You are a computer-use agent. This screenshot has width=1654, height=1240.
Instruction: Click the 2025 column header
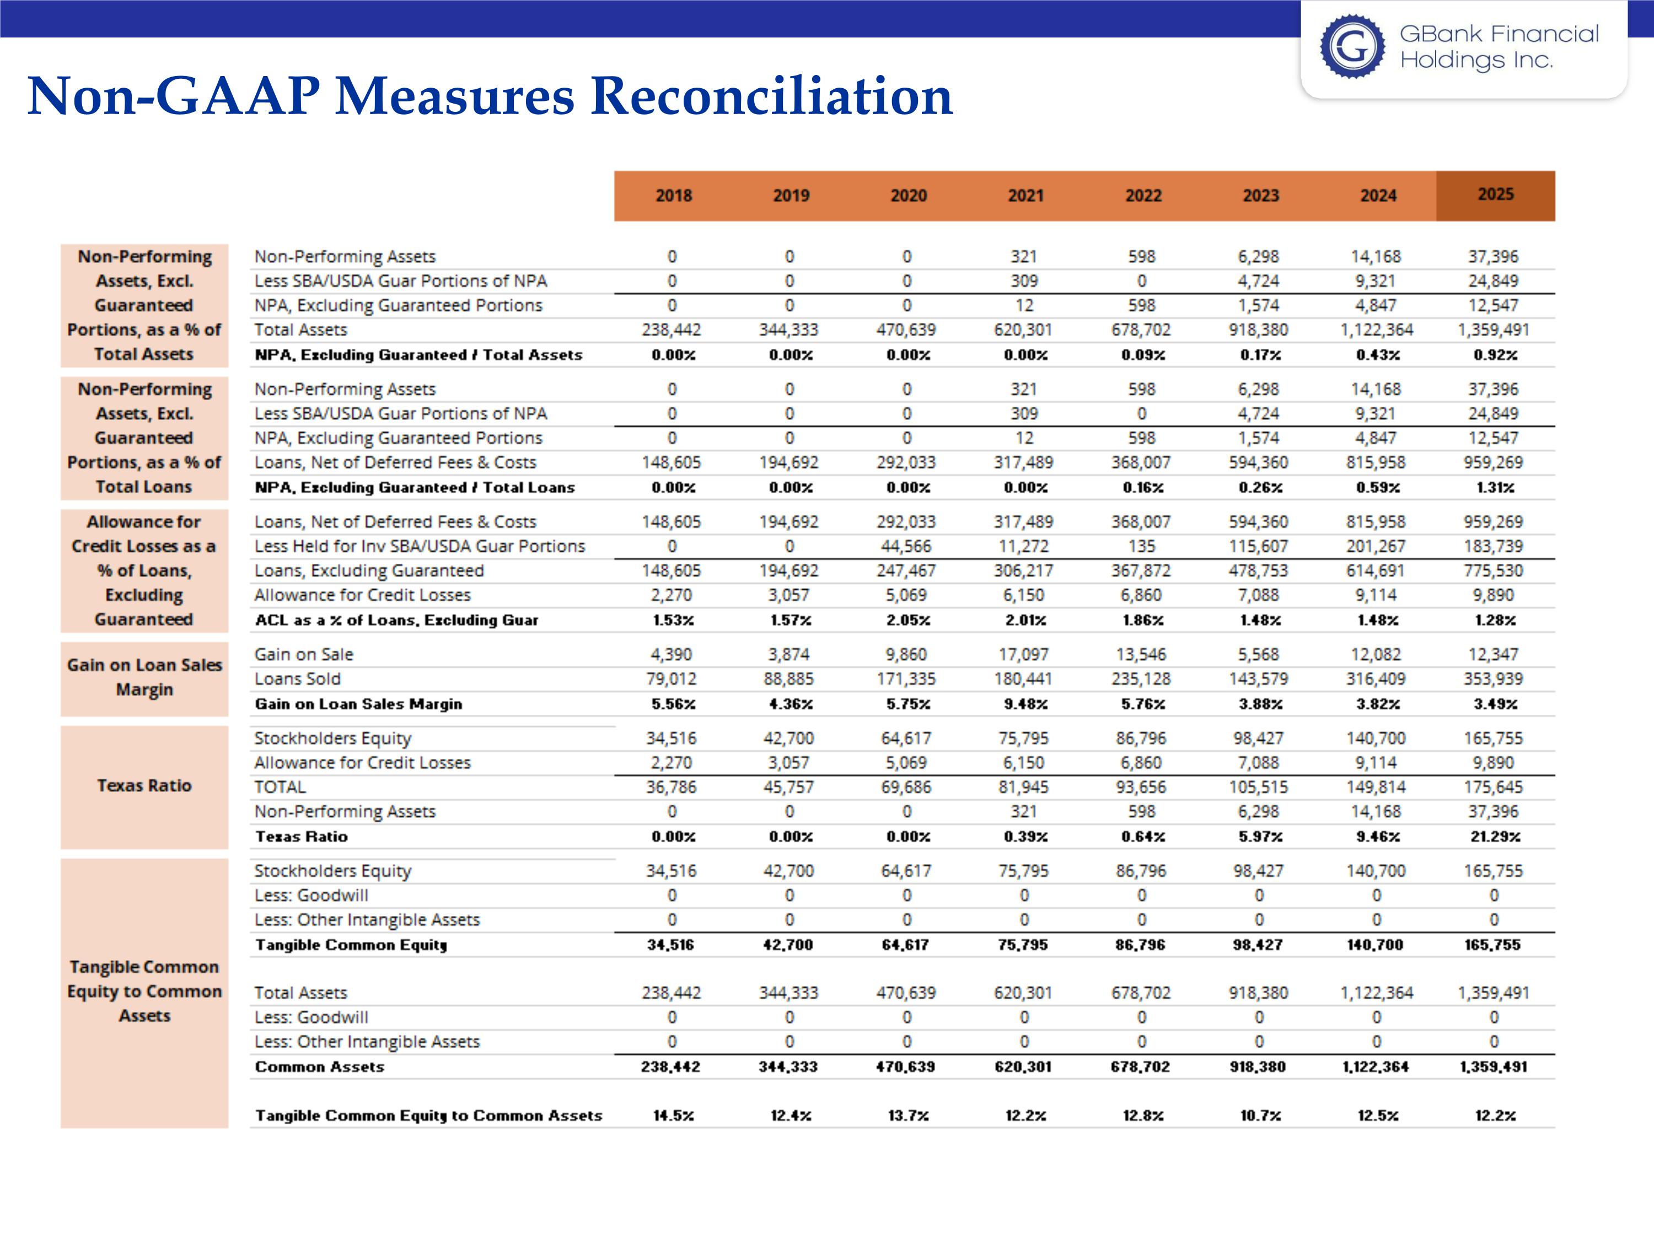coord(1495,195)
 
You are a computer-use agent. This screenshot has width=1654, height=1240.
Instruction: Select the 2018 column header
coord(673,196)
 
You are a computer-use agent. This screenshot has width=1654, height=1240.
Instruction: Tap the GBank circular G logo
coord(1352,46)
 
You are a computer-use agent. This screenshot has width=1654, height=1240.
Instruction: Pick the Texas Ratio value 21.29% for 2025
coord(1495,837)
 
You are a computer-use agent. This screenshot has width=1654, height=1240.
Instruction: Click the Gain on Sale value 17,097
coord(1024,655)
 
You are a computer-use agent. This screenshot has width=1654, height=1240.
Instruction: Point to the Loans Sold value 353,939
coord(1493,678)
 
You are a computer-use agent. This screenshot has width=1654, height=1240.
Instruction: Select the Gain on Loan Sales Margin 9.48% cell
coord(1025,704)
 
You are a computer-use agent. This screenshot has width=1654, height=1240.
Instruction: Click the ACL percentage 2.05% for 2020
coord(907,621)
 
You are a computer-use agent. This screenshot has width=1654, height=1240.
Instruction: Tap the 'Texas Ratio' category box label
coord(144,785)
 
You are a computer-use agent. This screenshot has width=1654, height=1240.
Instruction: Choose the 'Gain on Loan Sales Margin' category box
coord(144,677)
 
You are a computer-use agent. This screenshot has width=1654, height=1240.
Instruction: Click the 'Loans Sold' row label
coord(298,678)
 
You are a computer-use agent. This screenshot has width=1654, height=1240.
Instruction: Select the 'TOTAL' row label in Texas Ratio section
coord(281,787)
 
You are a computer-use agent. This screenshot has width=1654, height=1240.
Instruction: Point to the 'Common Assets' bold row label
coord(319,1066)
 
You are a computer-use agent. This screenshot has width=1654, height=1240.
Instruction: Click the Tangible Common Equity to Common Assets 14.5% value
coord(673,1116)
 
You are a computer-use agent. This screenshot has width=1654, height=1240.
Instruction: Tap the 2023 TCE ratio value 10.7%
coord(1260,1116)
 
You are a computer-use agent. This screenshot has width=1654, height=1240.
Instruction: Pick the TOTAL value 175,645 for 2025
coord(1493,787)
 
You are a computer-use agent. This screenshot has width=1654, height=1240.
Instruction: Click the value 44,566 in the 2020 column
coord(906,546)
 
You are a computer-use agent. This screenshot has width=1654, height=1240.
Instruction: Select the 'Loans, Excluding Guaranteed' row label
coord(369,571)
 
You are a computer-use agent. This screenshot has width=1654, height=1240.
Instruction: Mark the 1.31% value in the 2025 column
coord(1495,487)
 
